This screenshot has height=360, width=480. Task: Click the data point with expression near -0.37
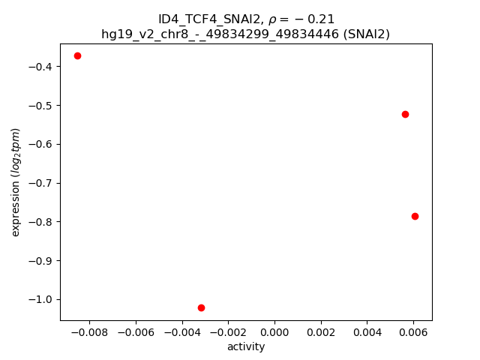(x=77, y=55)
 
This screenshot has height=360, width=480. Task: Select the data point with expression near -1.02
(x=201, y=307)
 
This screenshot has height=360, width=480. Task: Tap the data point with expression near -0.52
(x=405, y=114)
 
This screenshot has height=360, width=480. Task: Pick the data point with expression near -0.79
(x=415, y=216)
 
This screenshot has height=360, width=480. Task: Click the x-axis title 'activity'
(x=246, y=346)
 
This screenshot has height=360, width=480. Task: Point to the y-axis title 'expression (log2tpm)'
(x=16, y=182)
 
